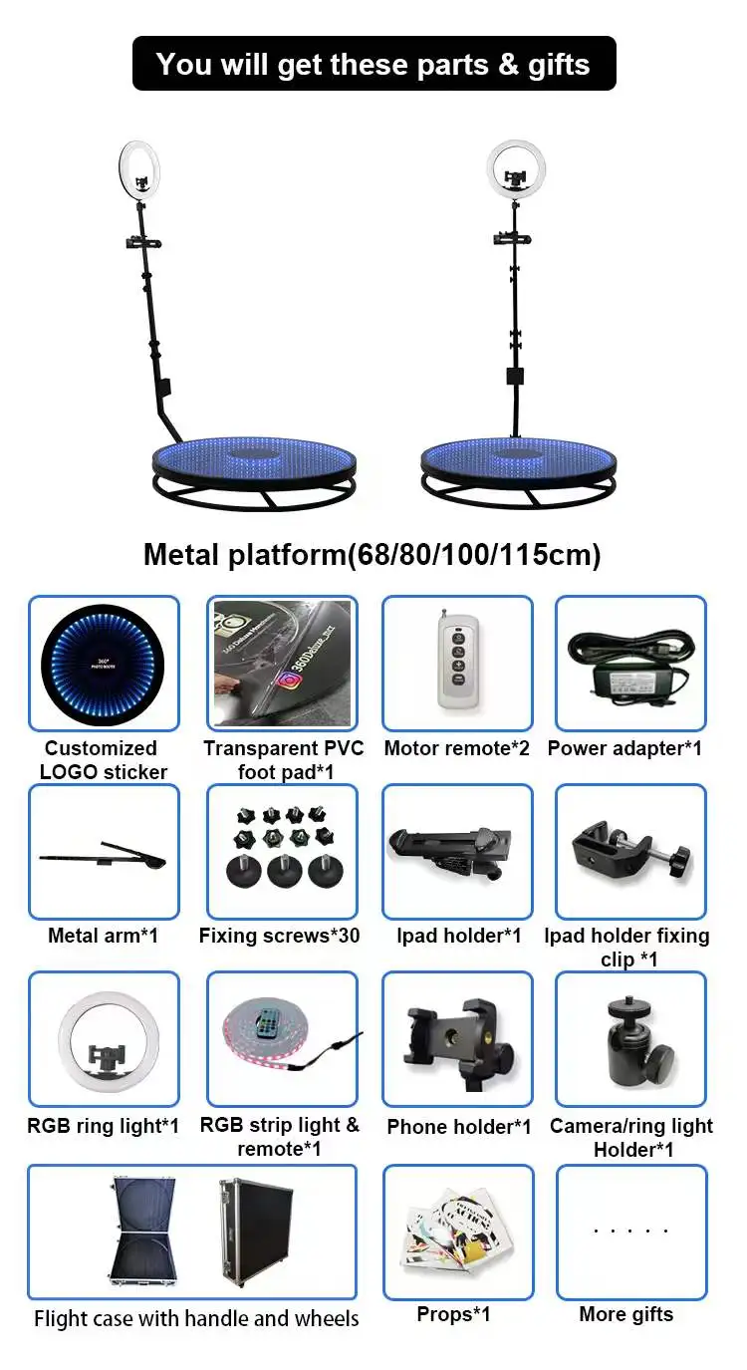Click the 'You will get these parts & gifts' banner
point(373,64)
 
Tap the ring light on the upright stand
point(516,166)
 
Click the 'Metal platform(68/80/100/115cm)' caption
point(372,555)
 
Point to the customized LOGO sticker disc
point(104,663)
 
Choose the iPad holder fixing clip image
point(629,853)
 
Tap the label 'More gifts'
point(625,1314)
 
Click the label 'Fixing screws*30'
point(279,936)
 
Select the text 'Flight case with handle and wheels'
point(196,1318)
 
